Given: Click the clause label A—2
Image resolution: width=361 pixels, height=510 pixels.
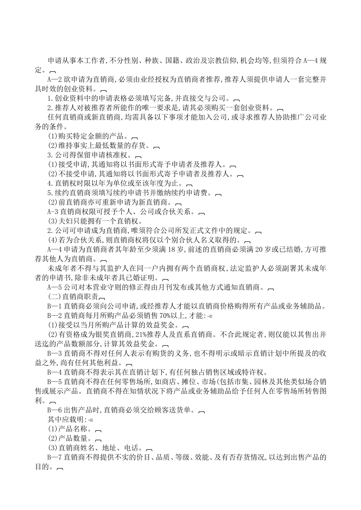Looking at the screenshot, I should click(53, 80).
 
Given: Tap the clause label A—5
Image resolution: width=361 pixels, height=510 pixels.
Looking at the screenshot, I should click(53, 287).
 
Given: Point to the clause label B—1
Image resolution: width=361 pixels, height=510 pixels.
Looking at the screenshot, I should click(53, 306).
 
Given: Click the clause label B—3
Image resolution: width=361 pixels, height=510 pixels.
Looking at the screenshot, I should click(53, 353).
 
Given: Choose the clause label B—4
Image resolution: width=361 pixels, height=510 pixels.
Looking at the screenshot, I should click(53, 372).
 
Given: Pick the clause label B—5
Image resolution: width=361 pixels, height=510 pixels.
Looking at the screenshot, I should click(53, 381).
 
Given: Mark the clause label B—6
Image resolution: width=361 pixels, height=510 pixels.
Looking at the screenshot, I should click(53, 410).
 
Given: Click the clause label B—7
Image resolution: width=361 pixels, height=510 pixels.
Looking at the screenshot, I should click(53, 457).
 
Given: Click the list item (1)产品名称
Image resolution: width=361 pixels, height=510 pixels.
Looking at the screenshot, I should click(70, 429).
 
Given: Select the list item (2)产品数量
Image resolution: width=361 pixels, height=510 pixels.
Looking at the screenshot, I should click(70, 438).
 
